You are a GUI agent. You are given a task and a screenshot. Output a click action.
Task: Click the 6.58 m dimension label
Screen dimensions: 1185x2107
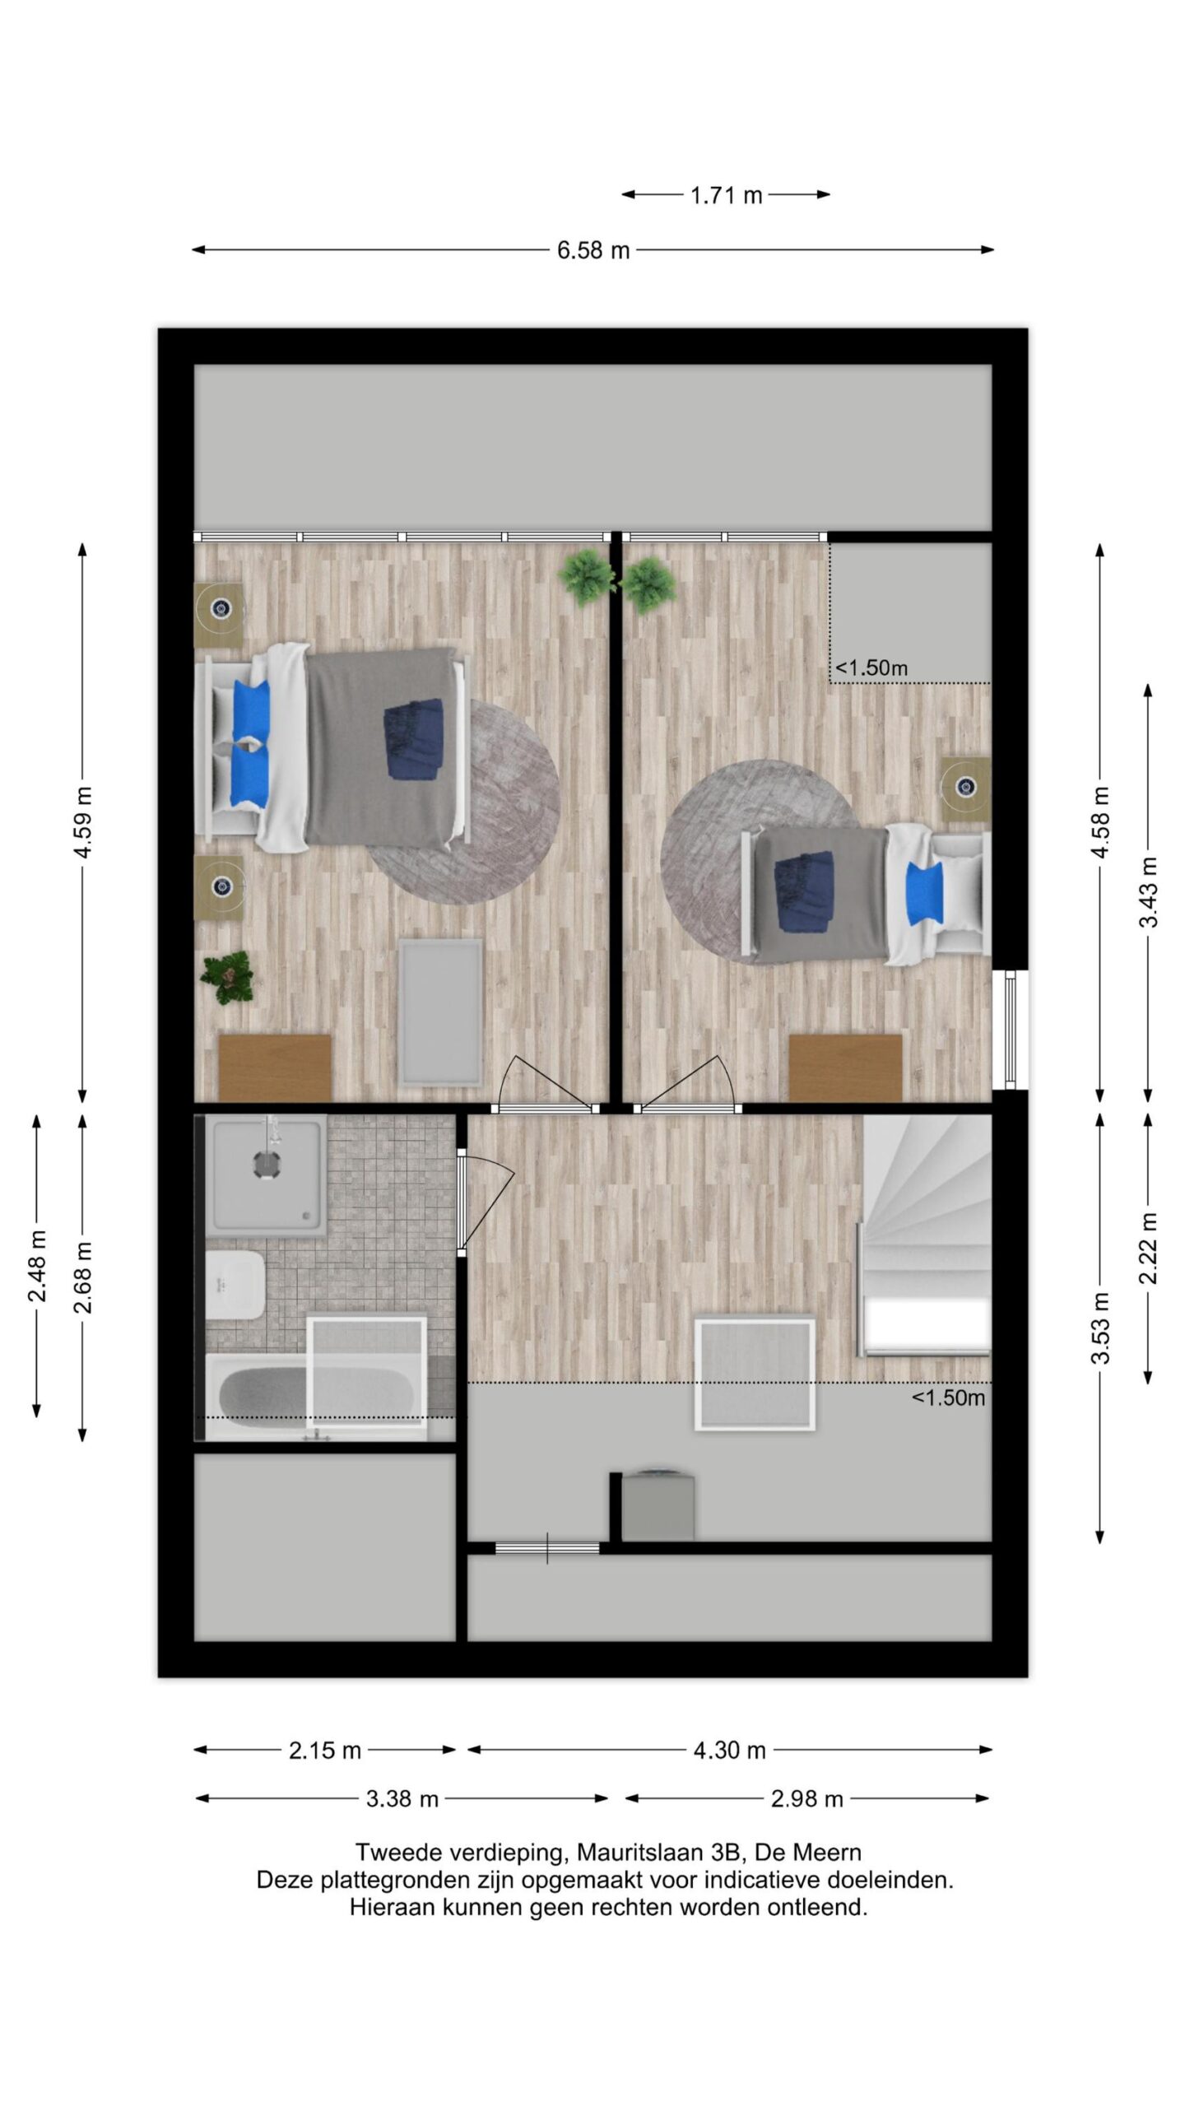592,250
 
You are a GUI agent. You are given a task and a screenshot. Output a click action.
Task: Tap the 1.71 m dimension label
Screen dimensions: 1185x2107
726,196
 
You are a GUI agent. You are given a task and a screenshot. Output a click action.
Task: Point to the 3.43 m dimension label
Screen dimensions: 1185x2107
1148,892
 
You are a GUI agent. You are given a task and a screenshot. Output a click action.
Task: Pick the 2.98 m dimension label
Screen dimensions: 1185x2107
807,1799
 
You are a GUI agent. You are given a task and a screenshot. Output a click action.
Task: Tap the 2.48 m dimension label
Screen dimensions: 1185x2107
37,1267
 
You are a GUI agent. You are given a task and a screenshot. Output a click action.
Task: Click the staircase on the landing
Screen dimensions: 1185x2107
925,1235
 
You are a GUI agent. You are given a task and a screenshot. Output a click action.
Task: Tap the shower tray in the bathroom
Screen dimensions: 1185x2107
266,1175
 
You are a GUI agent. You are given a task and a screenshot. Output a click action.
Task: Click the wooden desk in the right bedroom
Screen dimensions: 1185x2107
845,1067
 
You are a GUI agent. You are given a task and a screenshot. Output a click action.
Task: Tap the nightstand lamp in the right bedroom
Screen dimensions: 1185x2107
966,787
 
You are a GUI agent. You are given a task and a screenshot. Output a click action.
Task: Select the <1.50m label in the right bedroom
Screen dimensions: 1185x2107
871,668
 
